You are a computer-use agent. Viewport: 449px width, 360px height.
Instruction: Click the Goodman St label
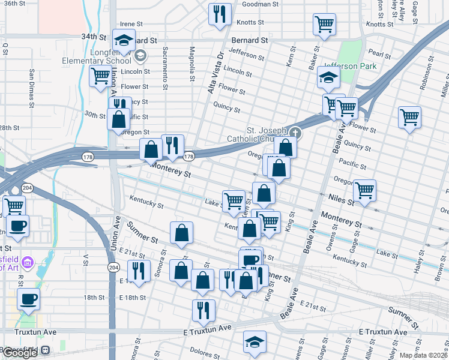261,4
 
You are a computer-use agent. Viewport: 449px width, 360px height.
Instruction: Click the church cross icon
295,133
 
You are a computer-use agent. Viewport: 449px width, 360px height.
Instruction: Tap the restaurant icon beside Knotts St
220,13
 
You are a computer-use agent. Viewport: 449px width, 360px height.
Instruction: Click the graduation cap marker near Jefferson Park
328,77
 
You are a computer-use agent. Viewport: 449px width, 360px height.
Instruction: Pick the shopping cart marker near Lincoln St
100,76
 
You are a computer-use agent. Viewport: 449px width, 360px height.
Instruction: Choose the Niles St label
340,198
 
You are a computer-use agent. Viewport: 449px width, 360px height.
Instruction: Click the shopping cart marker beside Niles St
364,190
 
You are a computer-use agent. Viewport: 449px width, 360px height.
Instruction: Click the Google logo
19,353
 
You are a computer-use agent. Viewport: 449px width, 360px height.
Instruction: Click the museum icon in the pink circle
27,262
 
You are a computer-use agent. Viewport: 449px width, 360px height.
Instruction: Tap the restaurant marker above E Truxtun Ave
203,310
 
